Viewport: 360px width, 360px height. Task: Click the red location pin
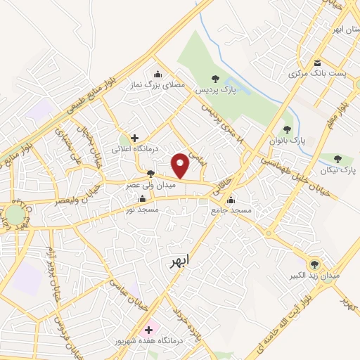pos(181,165)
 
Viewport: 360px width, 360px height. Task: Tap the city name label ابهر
pos(179,262)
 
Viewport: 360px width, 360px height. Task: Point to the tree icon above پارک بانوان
pos(286,129)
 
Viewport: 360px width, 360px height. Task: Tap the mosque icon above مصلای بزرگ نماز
pos(157,73)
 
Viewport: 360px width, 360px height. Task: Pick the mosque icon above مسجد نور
pos(143,199)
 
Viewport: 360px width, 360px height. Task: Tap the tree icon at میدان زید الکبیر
pos(314,264)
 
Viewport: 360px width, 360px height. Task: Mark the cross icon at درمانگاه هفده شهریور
pos(148,329)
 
